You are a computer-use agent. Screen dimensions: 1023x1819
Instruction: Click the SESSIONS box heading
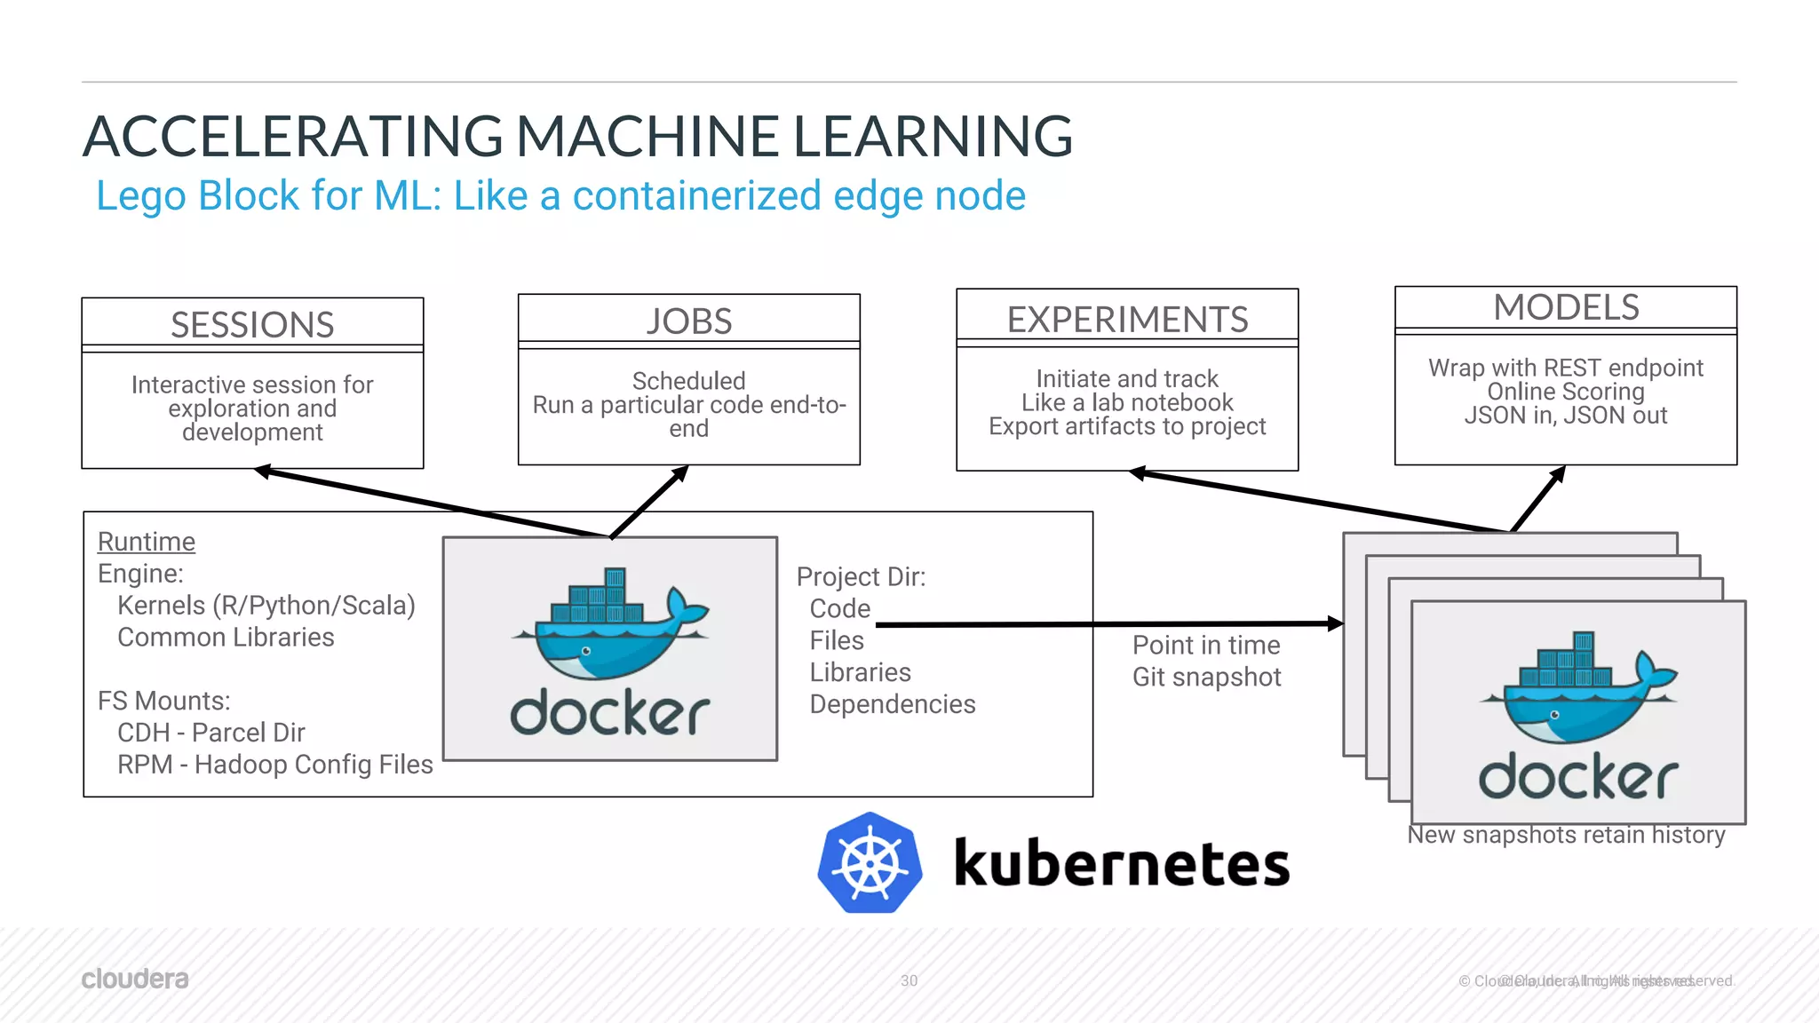[x=252, y=325]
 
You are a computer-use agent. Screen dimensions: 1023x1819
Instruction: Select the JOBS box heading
[x=689, y=321]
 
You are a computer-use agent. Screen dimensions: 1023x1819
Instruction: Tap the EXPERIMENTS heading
[x=1127, y=320]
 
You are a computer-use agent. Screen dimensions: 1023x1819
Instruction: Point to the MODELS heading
[x=1566, y=308]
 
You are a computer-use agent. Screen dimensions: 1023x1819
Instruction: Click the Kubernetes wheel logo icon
[x=870, y=863]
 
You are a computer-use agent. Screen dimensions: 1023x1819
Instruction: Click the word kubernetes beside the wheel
[x=1121, y=864]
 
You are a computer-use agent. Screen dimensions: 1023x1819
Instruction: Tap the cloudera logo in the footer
[x=135, y=979]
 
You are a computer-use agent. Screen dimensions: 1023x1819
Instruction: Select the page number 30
[x=909, y=980]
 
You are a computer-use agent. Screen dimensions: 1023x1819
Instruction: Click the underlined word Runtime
[x=147, y=542]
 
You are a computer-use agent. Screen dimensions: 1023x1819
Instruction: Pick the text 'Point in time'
[x=1206, y=646]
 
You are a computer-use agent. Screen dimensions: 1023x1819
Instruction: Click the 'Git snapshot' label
[x=1206, y=678]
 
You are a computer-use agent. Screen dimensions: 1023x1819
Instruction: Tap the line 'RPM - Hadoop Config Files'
[x=274, y=765]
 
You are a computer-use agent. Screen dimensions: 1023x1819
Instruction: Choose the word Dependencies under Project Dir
[x=893, y=704]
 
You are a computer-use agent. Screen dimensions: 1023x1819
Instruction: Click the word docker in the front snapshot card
[x=1578, y=777]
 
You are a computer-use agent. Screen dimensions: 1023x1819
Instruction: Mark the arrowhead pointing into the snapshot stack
[x=1335, y=624]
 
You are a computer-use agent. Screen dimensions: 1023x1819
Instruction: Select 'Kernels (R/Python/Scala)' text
[x=266, y=606]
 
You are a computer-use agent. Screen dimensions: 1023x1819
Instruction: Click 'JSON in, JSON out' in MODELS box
[x=1566, y=416]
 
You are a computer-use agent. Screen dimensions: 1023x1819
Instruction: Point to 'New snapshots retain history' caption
[x=1566, y=836]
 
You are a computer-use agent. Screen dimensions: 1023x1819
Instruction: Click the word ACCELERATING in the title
[x=293, y=137]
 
